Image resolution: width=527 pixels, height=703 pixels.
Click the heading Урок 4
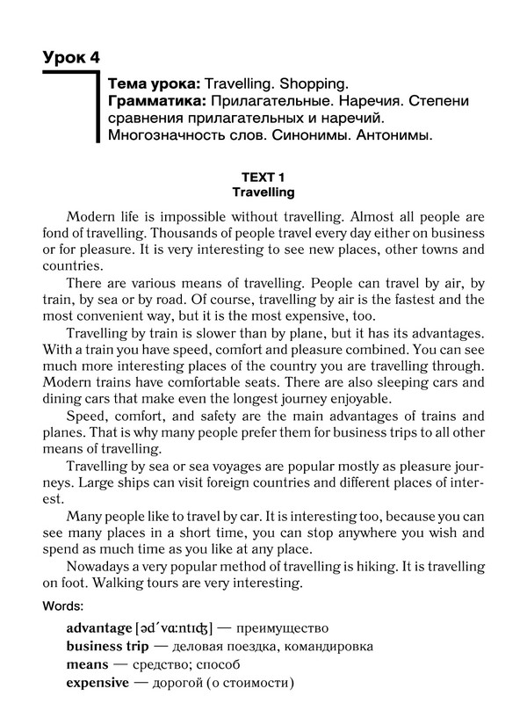coord(71,58)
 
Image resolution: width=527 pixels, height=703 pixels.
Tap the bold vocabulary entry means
coord(87,664)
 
